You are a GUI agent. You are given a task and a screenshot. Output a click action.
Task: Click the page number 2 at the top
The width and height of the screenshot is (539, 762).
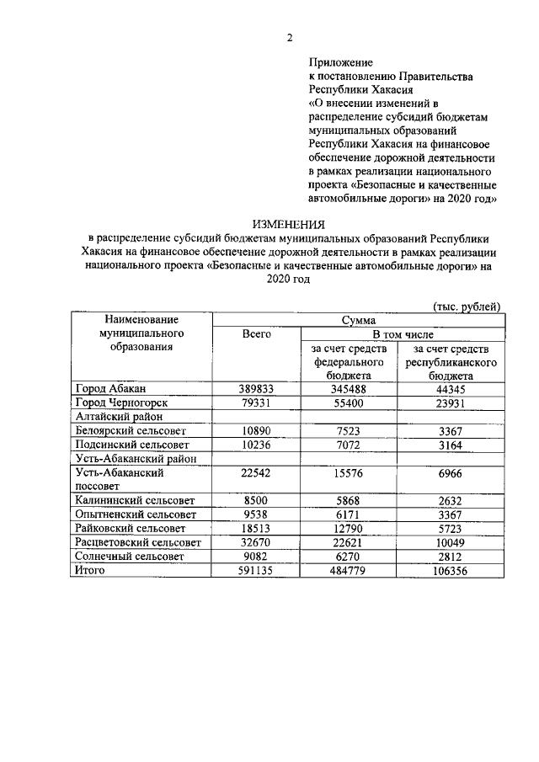289,38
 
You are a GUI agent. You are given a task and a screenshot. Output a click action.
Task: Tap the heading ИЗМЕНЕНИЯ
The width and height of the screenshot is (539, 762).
289,224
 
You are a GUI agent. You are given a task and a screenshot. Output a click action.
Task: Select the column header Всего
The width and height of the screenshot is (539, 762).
256,334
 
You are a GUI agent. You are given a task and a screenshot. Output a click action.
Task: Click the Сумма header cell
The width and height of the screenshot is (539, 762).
358,320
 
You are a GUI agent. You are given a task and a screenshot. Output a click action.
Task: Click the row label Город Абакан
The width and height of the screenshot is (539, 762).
111,388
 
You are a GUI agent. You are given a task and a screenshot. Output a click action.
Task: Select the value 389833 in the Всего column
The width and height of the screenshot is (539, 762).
256,388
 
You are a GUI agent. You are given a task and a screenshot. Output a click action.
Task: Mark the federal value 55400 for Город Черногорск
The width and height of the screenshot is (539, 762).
349,402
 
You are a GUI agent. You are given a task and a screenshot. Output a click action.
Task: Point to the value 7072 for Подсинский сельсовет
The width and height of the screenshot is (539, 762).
349,444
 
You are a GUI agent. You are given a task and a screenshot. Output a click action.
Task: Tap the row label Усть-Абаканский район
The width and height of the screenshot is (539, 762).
131,458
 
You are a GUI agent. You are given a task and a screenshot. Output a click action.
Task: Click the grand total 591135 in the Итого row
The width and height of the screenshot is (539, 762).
256,571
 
